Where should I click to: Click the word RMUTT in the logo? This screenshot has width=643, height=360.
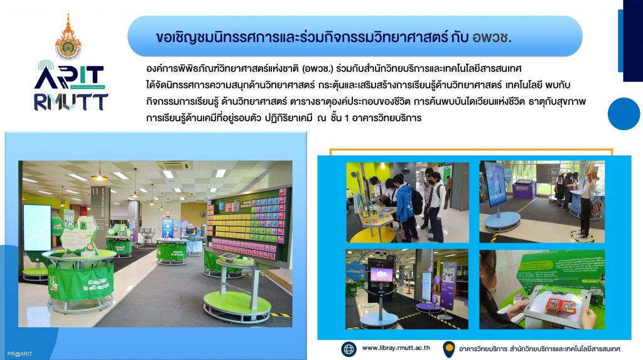click(70, 102)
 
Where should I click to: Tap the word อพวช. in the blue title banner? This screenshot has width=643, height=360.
click(492, 37)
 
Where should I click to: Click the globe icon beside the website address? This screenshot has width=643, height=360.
click(349, 349)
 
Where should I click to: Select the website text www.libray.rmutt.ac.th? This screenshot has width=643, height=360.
click(396, 347)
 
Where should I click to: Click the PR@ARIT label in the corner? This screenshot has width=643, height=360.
click(19, 354)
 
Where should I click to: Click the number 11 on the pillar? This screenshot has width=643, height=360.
click(95, 191)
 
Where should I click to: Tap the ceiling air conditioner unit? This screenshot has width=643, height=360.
click(174, 165)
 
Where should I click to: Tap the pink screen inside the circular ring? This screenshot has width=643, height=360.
click(381, 274)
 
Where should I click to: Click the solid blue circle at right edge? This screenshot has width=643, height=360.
click(624, 114)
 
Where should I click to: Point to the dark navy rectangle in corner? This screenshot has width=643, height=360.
click(633, 41)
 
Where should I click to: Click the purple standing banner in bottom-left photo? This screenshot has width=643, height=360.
click(450, 283)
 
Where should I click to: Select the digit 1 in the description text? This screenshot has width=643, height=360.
click(347, 118)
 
